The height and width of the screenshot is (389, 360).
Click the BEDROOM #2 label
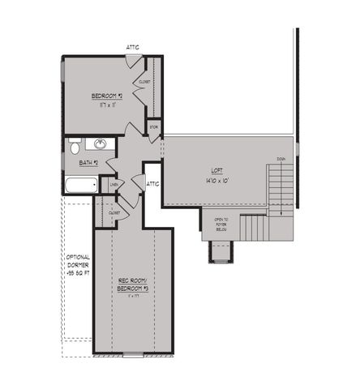106,96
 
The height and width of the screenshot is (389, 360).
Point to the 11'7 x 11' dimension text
106,105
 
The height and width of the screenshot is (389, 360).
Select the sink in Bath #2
101,144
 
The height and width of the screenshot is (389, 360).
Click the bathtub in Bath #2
81,186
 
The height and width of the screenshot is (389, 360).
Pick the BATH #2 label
89,163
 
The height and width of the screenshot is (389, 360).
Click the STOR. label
154,126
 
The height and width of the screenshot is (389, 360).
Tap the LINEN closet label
114,185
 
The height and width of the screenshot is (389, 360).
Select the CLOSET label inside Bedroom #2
145,82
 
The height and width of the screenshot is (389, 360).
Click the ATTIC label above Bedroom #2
132,47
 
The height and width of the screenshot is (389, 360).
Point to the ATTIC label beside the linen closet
153,184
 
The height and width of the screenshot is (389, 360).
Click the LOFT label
217,171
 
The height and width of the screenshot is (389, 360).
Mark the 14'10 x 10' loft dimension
217,180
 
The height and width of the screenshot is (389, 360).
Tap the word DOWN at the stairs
281,159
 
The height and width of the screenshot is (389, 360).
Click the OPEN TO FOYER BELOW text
221,224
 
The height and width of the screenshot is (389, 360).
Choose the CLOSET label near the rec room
114,213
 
